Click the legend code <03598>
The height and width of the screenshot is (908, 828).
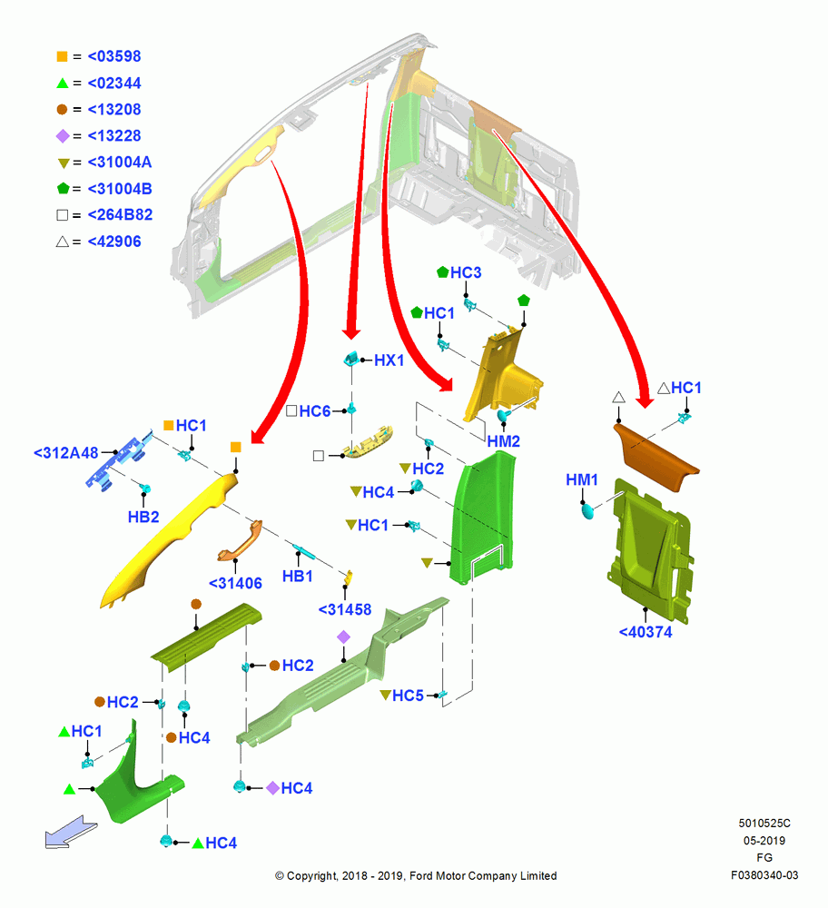click(114, 56)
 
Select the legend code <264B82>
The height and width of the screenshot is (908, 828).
click(120, 215)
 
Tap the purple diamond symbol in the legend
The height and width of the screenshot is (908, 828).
click(63, 136)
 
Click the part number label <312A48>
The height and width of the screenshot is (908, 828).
click(66, 453)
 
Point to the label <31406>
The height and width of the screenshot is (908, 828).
click(235, 583)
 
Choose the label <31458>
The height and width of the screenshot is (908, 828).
click(344, 609)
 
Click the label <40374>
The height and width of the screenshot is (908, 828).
click(646, 632)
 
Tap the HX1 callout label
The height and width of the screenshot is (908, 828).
click(389, 360)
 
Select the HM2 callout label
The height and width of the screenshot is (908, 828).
click(503, 441)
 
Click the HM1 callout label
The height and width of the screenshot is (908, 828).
click(581, 479)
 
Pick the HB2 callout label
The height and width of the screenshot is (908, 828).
click(143, 517)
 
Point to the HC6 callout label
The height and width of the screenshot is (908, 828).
click(315, 411)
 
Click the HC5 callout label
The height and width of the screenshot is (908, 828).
click(408, 696)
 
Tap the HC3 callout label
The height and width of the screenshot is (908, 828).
click(466, 272)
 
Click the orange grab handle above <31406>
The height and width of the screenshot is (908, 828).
click(241, 540)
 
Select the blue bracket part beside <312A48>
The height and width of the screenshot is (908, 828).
click(119, 461)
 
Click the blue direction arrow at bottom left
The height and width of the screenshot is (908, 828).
click(71, 832)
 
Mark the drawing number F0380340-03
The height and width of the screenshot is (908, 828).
click(764, 875)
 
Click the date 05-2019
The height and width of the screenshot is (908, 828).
click(764, 840)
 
